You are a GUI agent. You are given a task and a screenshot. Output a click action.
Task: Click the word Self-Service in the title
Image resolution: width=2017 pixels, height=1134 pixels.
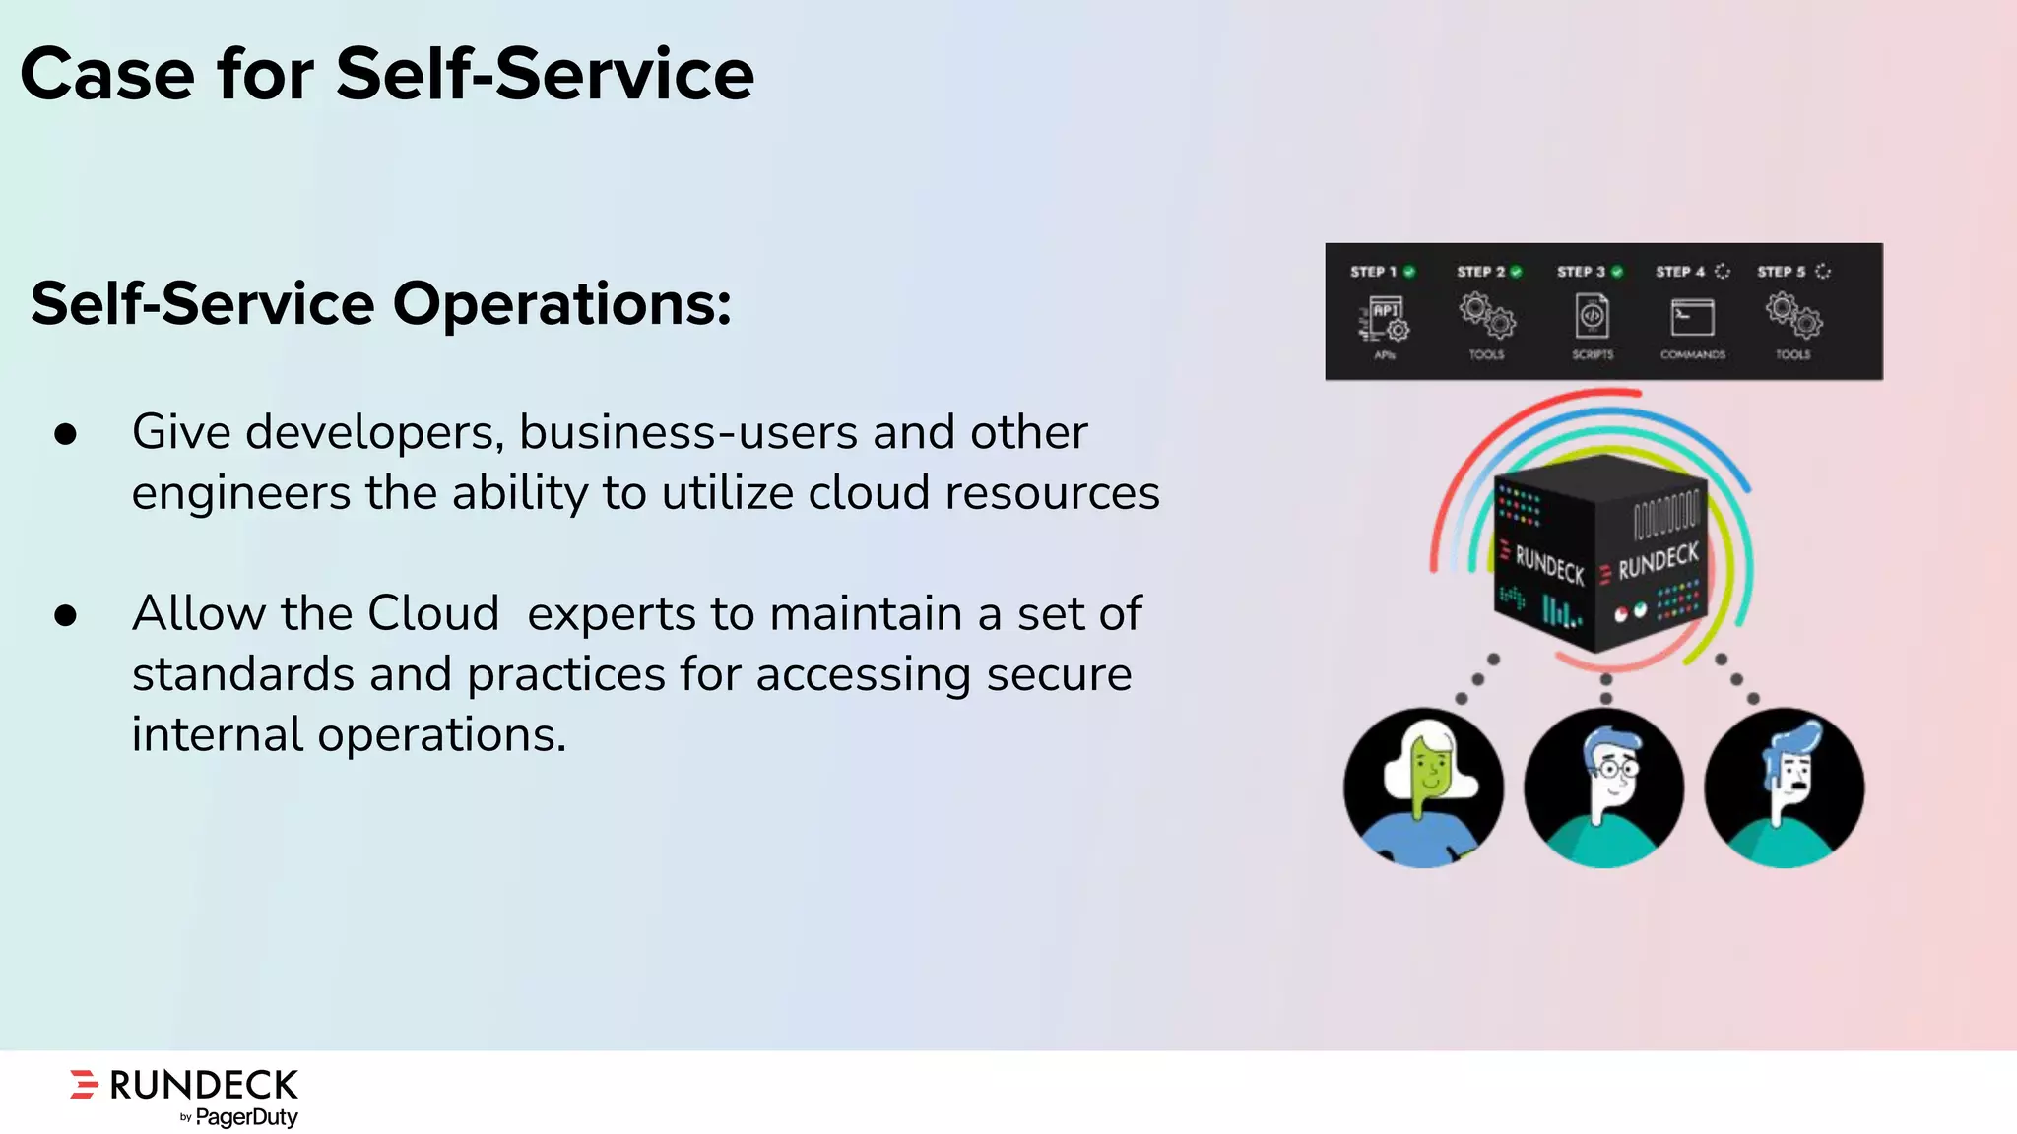pyautogui.click(x=545, y=75)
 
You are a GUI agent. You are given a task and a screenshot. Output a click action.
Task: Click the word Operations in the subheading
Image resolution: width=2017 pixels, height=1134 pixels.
pyautogui.click(x=561, y=303)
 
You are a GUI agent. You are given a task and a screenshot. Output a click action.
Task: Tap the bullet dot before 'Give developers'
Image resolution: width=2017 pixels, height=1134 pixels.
pyautogui.click(x=66, y=434)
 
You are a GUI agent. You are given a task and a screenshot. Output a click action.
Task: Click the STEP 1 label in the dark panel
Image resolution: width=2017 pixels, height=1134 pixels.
pyautogui.click(x=1373, y=272)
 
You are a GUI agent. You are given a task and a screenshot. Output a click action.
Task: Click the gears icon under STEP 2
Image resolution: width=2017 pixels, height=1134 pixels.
pyautogui.click(x=1487, y=317)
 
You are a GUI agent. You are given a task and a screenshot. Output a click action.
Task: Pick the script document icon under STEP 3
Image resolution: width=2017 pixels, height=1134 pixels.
pyautogui.click(x=1592, y=317)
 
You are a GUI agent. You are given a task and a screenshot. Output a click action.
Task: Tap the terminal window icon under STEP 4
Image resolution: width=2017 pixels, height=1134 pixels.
pyautogui.click(x=1692, y=318)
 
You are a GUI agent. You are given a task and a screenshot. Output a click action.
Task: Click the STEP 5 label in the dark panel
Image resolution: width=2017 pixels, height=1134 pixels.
pyautogui.click(x=1782, y=272)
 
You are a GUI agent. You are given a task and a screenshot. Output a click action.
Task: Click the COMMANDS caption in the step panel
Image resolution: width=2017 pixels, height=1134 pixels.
pyautogui.click(x=1692, y=355)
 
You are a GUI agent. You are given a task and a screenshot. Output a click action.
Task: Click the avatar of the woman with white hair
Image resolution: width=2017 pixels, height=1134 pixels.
pyautogui.click(x=1423, y=787)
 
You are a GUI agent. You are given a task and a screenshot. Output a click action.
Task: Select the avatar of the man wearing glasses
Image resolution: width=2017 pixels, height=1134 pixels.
pyautogui.click(x=1603, y=787)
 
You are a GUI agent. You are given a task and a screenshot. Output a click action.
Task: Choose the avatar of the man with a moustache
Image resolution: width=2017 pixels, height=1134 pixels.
pyautogui.click(x=1784, y=787)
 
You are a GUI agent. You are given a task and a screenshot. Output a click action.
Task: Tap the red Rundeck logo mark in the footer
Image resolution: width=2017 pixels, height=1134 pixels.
pyautogui.click(x=85, y=1084)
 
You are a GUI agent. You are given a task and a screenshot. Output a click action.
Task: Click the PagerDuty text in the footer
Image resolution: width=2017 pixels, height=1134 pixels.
pyautogui.click(x=246, y=1117)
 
